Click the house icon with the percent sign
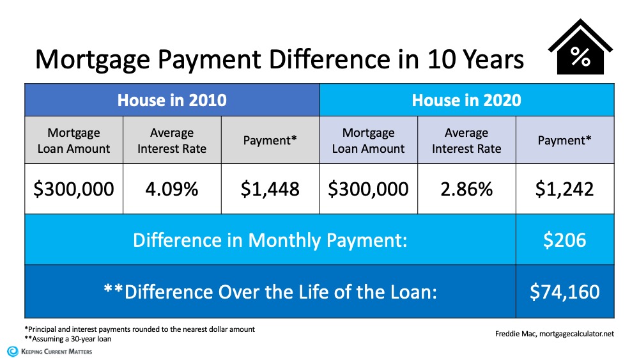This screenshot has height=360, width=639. coord(580,48)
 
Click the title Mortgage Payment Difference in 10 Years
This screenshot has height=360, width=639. coord(279,59)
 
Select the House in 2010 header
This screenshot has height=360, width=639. coord(172,100)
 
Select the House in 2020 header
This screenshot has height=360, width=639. coord(466,100)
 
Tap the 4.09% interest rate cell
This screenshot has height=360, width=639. coord(172,189)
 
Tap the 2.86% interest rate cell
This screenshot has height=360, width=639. coord(466,189)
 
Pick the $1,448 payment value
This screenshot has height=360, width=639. coord(270,189)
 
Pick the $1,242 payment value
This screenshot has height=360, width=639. coord(565,189)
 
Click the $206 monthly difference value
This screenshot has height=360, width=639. coord(565,240)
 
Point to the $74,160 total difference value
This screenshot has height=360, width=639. coord(565,292)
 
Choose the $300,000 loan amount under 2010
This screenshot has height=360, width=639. coord(74,189)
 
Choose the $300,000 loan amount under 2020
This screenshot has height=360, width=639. coord(369,189)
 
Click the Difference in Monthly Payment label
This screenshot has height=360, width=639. coord(270,240)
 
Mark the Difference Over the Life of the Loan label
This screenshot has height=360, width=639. coord(270,292)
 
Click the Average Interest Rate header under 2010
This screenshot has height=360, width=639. coord(172,141)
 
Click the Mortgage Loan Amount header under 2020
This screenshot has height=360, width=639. coord(369,141)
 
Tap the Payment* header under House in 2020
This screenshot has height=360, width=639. coord(565,141)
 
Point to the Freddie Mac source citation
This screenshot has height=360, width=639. coord(554,333)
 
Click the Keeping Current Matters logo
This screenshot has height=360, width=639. coord(49,351)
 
